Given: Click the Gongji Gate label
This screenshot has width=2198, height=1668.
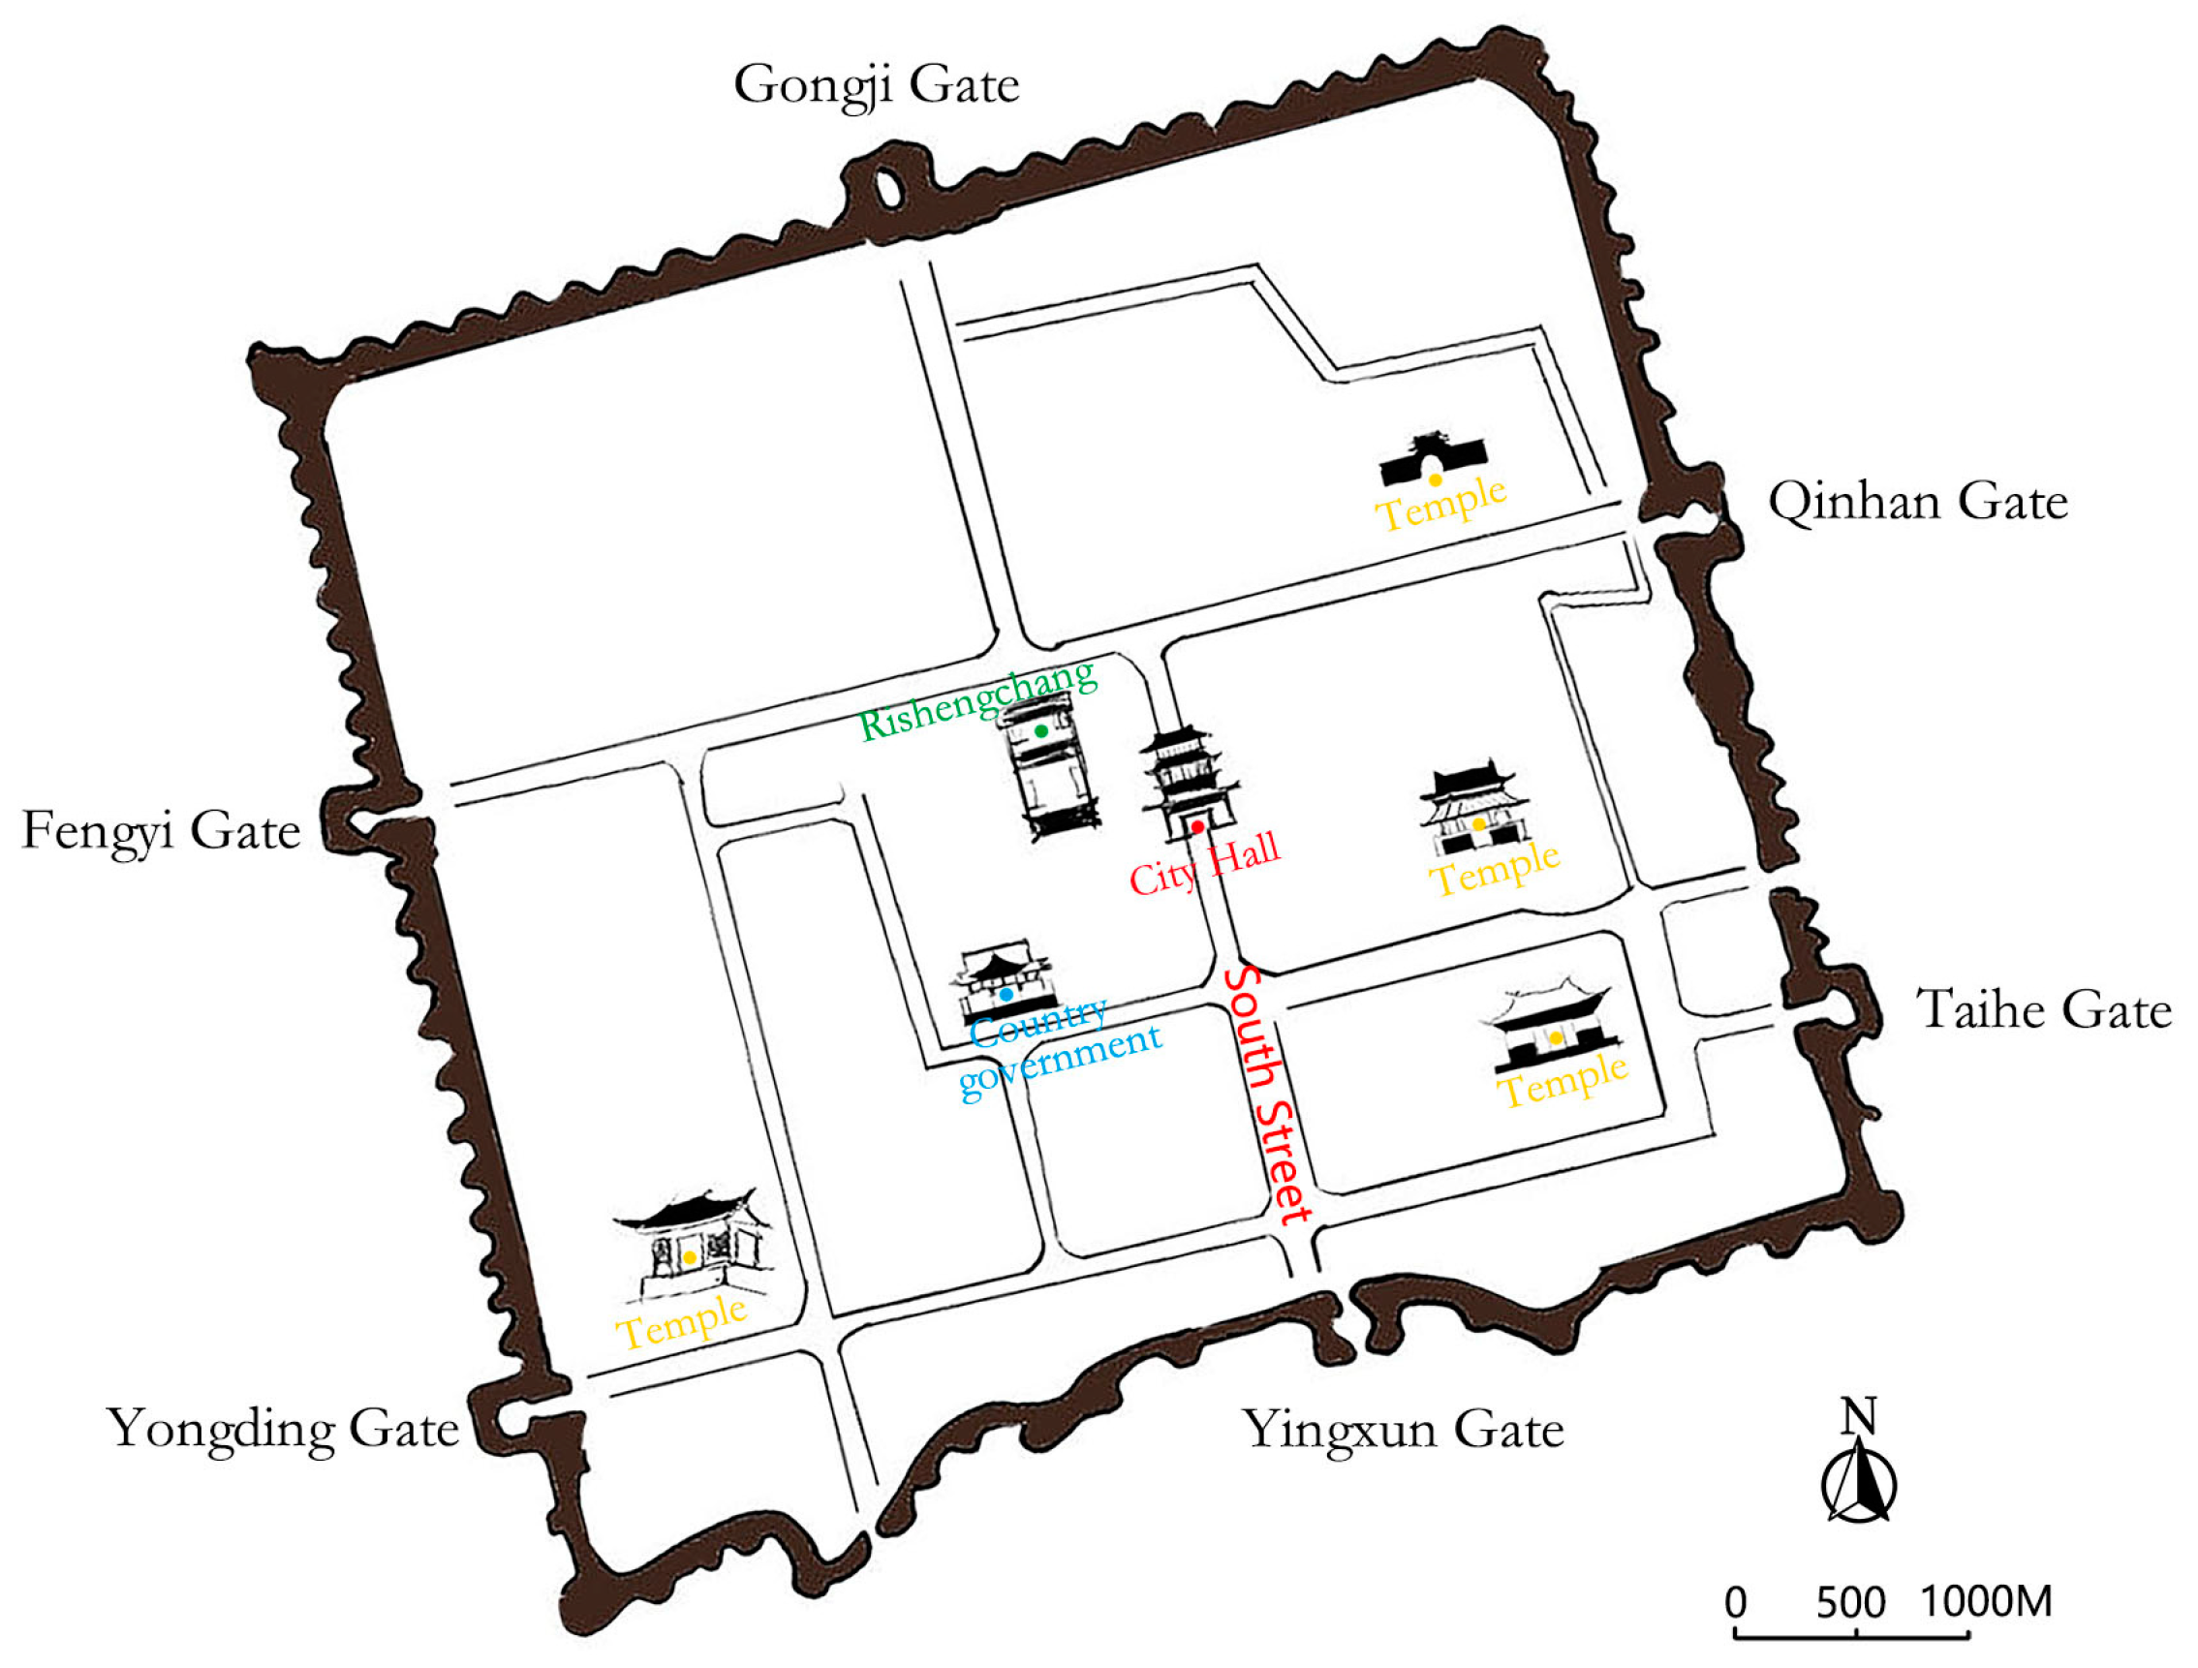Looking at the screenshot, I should point(877,85).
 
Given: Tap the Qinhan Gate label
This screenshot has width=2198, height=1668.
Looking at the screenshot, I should point(1918,502).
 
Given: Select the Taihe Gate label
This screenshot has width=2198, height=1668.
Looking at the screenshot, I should point(2043,1009).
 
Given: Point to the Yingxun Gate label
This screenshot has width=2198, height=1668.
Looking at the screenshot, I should point(1404,1431).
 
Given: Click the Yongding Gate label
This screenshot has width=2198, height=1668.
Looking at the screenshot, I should point(283,1430).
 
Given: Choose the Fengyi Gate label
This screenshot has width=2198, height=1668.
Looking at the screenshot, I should point(161,830).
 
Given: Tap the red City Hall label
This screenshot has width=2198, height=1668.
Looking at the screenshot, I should point(1204,864).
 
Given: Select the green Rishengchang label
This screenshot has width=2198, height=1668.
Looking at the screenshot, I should point(977,700).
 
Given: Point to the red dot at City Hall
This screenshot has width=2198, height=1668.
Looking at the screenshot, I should point(1197,826).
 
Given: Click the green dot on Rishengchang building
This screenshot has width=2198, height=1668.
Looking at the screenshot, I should point(1040,731).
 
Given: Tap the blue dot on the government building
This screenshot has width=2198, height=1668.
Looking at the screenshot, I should point(1006,995).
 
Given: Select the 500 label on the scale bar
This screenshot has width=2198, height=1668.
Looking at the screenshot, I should point(1850,1601).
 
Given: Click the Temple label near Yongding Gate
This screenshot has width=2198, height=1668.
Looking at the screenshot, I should point(682,1321).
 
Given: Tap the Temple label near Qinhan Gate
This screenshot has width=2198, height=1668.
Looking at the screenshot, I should point(1440,503).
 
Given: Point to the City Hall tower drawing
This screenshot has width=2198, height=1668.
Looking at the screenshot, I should point(1188,780).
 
